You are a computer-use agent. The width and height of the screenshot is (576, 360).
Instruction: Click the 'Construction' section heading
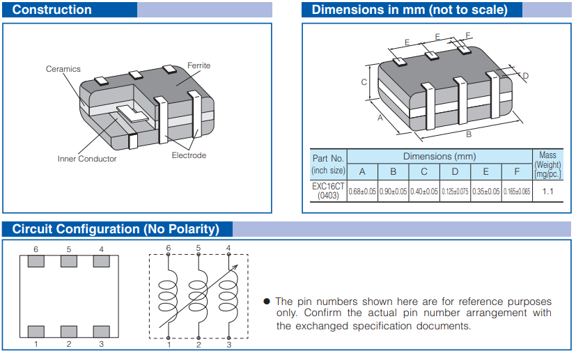click(52, 10)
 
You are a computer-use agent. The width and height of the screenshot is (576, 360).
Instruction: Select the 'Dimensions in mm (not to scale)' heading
click(409, 10)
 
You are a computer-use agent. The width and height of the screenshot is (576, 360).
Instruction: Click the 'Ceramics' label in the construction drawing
click(63, 69)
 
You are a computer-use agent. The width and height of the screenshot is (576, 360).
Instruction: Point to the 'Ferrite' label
click(199, 65)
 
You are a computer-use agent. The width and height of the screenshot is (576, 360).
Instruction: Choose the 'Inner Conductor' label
click(87, 159)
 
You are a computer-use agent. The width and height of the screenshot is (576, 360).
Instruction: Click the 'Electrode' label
click(189, 155)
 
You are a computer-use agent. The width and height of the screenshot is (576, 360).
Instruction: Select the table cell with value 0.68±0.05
click(362, 191)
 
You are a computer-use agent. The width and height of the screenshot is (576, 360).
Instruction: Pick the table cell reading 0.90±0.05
click(393, 191)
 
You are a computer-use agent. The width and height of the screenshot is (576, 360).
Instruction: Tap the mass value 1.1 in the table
click(547, 191)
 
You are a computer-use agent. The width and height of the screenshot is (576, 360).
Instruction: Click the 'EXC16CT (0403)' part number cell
click(328, 191)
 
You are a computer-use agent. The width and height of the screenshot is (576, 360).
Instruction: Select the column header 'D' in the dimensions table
click(455, 172)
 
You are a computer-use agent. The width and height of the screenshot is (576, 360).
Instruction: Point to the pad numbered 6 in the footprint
click(36, 261)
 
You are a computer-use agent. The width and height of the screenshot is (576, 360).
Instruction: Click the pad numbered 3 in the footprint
click(101, 331)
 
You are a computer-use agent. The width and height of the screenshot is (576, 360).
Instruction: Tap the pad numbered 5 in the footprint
click(68, 261)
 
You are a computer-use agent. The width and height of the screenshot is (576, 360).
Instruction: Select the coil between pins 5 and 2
click(199, 295)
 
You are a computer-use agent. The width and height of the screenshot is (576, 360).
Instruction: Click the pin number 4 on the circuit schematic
click(228, 248)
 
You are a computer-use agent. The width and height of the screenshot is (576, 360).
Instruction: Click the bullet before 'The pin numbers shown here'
click(267, 302)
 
